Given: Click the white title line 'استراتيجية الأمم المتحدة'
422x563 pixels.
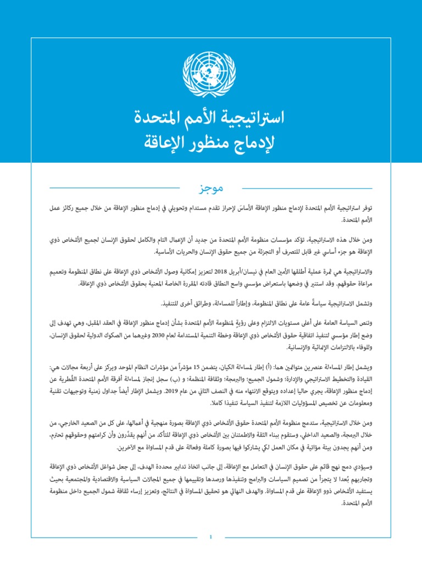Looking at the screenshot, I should (x=211, y=118).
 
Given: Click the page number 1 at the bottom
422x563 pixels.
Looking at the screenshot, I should (x=210, y=536).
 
